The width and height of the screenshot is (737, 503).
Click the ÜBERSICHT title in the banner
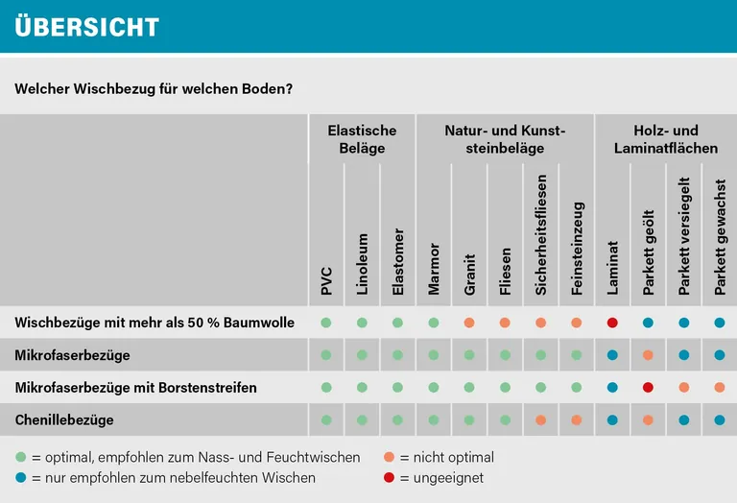click(x=87, y=27)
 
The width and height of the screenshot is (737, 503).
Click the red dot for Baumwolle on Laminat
click(x=612, y=323)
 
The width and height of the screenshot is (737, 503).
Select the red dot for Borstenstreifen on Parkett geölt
click(x=649, y=388)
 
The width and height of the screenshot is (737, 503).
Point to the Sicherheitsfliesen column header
click(x=541, y=234)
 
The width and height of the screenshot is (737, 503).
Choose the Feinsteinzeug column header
click(x=577, y=247)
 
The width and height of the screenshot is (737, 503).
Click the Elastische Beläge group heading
click(x=362, y=139)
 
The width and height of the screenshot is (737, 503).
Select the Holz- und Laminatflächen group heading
click(x=666, y=139)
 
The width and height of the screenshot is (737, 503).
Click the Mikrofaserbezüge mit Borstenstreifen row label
click(x=135, y=388)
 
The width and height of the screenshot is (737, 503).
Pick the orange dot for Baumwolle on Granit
click(x=469, y=323)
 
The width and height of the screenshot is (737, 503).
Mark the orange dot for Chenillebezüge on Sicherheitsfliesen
click(x=541, y=420)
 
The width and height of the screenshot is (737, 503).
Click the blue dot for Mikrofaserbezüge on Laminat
click(x=612, y=355)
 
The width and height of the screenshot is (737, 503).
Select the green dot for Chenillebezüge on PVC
click(x=326, y=420)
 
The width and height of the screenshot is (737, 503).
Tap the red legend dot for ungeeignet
click(x=389, y=477)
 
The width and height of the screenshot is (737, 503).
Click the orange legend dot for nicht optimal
click(x=389, y=458)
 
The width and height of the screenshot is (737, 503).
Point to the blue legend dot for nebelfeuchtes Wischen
click(x=21, y=477)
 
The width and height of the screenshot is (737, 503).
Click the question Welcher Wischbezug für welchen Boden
click(x=154, y=88)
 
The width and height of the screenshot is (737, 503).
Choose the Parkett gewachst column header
click(x=720, y=236)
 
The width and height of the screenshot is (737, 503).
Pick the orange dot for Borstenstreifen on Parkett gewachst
click(x=720, y=388)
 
